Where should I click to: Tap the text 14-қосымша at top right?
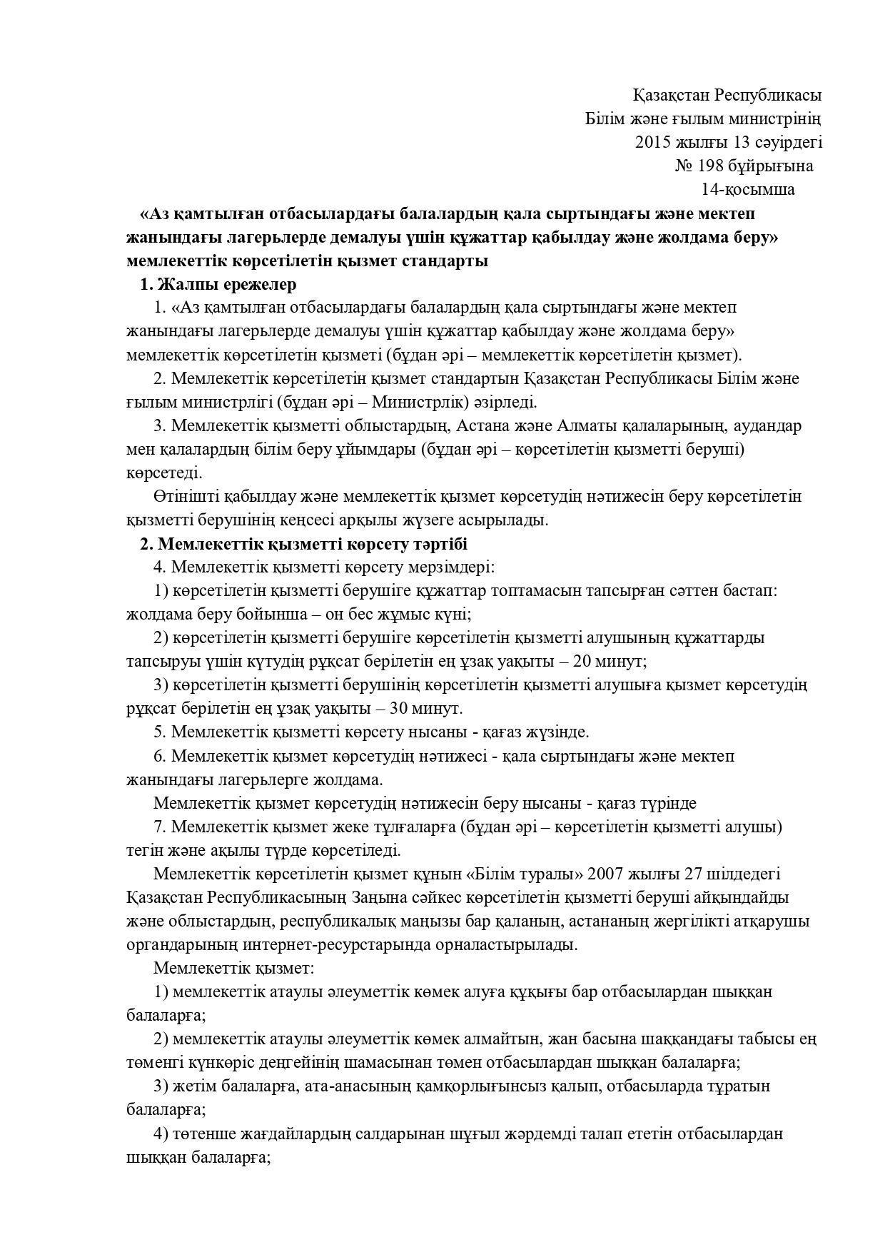748,189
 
